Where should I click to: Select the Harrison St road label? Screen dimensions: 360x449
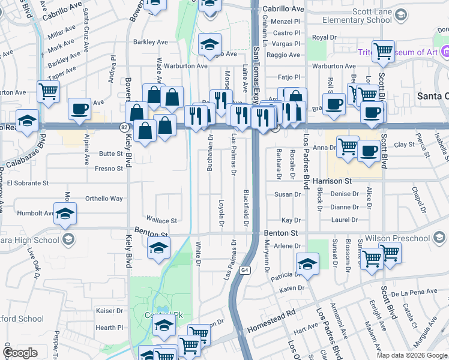pos(348,181)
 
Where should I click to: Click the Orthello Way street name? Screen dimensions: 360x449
pos(104,199)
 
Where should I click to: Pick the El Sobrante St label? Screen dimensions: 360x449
pos(28,182)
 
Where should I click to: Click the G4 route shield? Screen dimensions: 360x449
pos(245,271)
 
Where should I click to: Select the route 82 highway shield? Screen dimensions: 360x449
pos(124,127)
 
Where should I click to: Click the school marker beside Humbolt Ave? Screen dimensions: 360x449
pos(65,213)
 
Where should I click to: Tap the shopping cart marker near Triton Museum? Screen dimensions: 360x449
pos(383,51)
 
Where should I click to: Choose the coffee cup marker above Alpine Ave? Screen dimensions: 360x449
pos(79,109)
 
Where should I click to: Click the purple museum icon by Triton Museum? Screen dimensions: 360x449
pos(445,53)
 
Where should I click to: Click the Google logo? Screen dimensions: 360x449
pos(20,353)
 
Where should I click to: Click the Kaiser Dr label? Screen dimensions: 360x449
pos(109,311)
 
